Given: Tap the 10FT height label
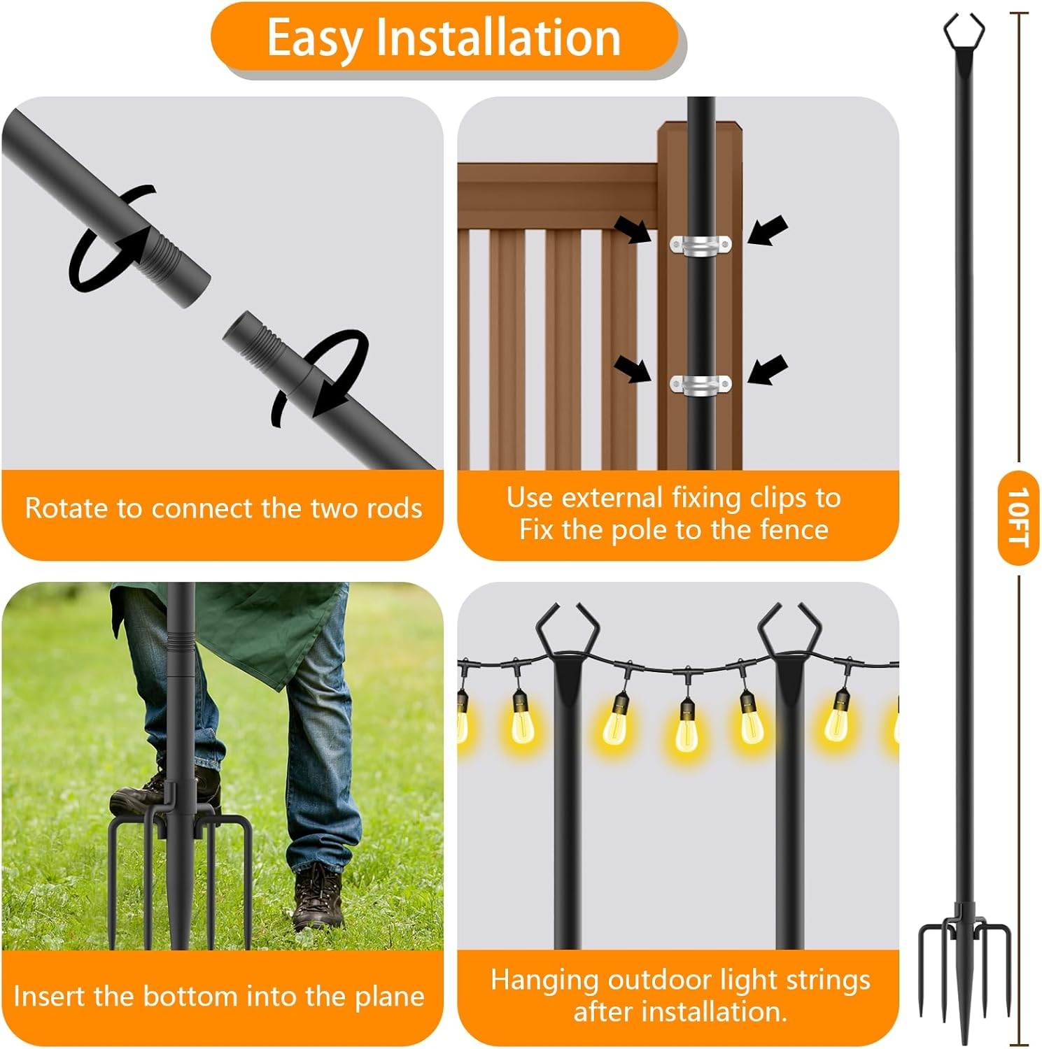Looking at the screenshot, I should point(1018,518).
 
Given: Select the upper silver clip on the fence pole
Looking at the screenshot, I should point(700,245).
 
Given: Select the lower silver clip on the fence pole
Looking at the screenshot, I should point(700,385).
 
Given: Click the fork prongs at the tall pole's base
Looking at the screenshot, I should point(964,965).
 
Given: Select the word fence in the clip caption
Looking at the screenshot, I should point(794,530).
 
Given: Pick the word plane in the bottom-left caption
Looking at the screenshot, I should point(388,997).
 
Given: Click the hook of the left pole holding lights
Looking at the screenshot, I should point(567,629).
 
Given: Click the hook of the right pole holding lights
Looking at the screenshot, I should point(789,629).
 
